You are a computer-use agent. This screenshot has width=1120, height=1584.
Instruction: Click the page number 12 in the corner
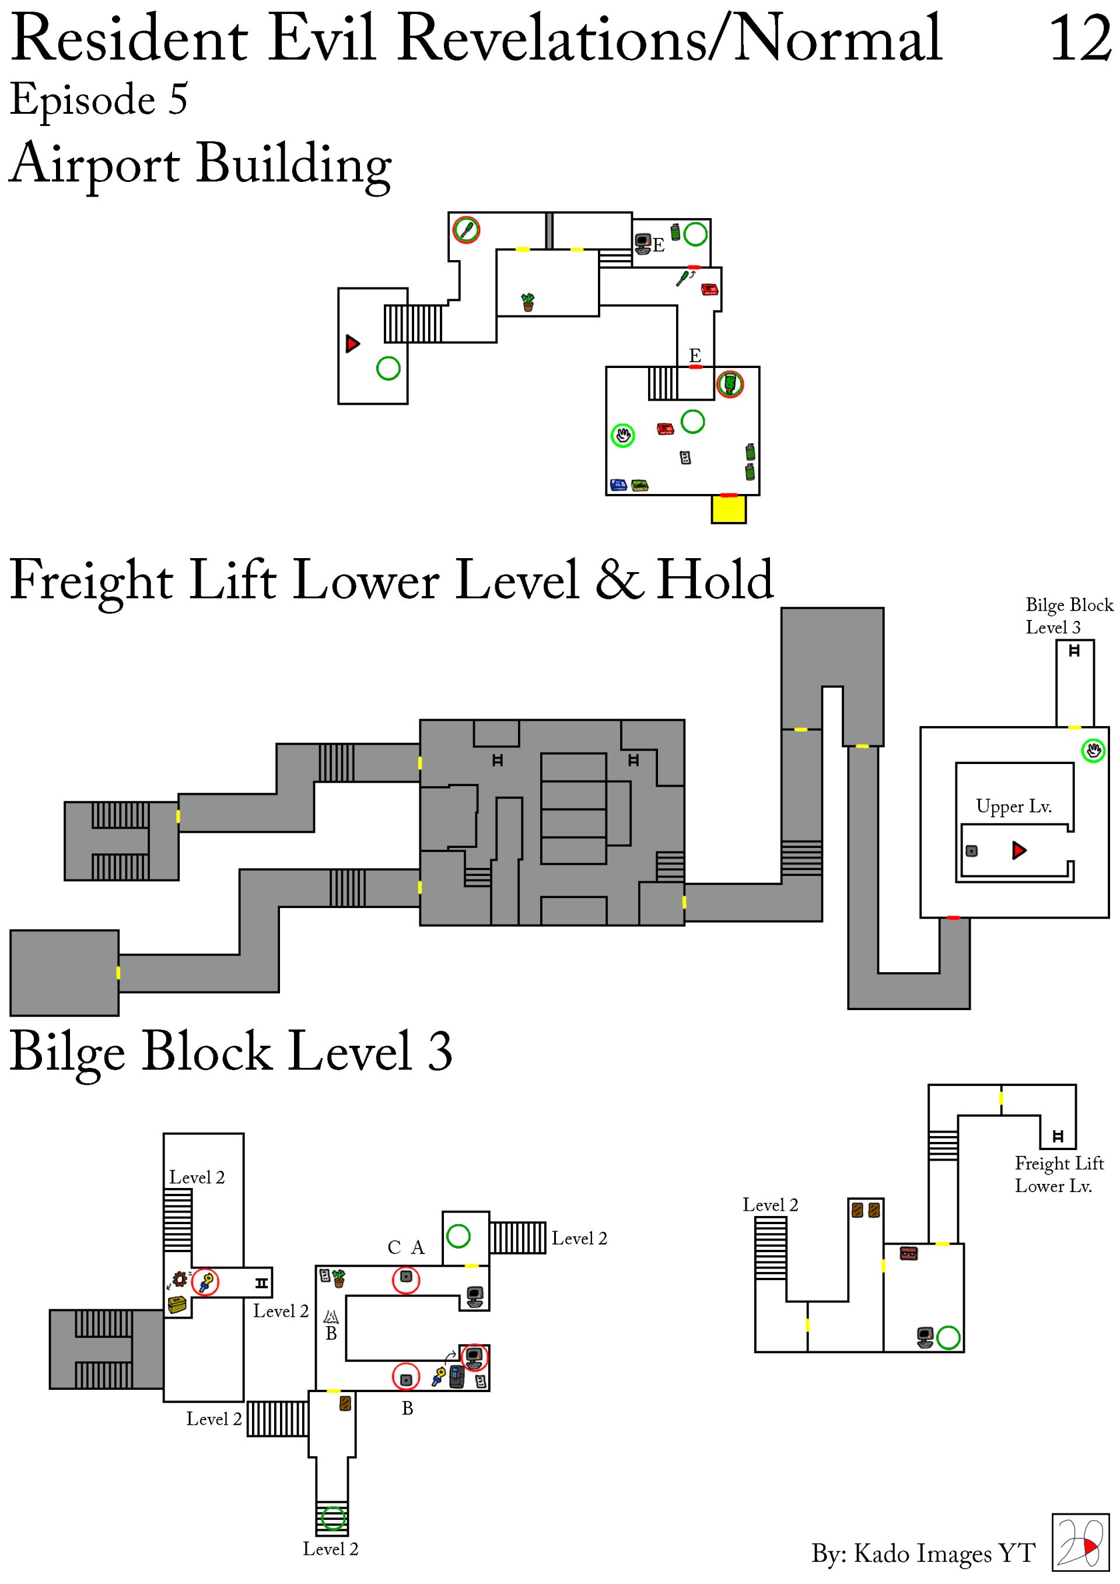click(x=1080, y=38)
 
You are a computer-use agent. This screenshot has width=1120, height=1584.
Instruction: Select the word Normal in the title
click(x=838, y=38)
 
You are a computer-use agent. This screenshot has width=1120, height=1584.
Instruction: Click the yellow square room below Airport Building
click(x=729, y=510)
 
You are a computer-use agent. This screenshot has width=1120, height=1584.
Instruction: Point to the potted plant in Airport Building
click(x=528, y=302)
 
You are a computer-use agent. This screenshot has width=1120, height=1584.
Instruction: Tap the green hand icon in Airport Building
click(x=623, y=435)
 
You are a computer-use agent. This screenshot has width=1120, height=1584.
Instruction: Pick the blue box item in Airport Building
click(x=618, y=485)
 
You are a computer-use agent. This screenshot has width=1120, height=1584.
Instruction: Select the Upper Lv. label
click(x=1014, y=807)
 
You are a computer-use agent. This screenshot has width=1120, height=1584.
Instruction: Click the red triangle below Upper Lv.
click(x=1019, y=850)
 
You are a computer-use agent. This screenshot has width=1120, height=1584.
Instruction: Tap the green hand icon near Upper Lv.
click(x=1093, y=750)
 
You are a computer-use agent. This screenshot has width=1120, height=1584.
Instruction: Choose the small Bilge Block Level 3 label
click(x=1069, y=616)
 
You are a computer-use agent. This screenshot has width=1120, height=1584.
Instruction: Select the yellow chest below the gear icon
click(x=177, y=1305)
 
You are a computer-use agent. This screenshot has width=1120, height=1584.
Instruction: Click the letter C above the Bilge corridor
click(x=394, y=1247)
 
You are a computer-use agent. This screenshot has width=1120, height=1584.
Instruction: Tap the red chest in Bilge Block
click(x=909, y=1253)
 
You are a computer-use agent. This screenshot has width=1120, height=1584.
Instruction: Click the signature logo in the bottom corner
click(x=1081, y=1543)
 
